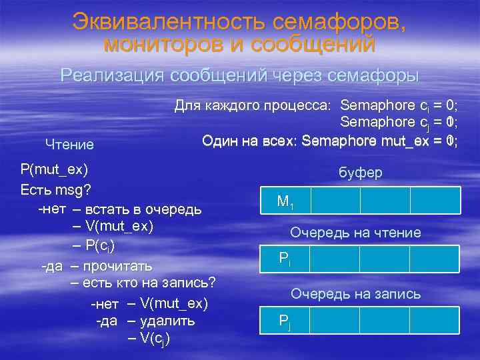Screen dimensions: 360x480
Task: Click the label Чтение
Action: point(69,144)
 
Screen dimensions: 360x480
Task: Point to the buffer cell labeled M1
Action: point(285,200)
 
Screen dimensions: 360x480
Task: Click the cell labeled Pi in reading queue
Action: point(285,259)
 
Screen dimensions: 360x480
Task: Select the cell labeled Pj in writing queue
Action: point(285,321)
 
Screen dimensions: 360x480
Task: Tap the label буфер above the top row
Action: point(360,173)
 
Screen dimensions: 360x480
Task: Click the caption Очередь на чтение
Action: point(355,233)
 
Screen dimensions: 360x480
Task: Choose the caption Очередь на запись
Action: point(355,293)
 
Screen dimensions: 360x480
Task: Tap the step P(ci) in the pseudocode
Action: point(100,245)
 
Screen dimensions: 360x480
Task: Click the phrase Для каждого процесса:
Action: point(253,105)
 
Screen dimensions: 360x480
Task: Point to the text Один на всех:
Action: point(240,141)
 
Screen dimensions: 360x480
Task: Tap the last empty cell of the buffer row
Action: point(435,200)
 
